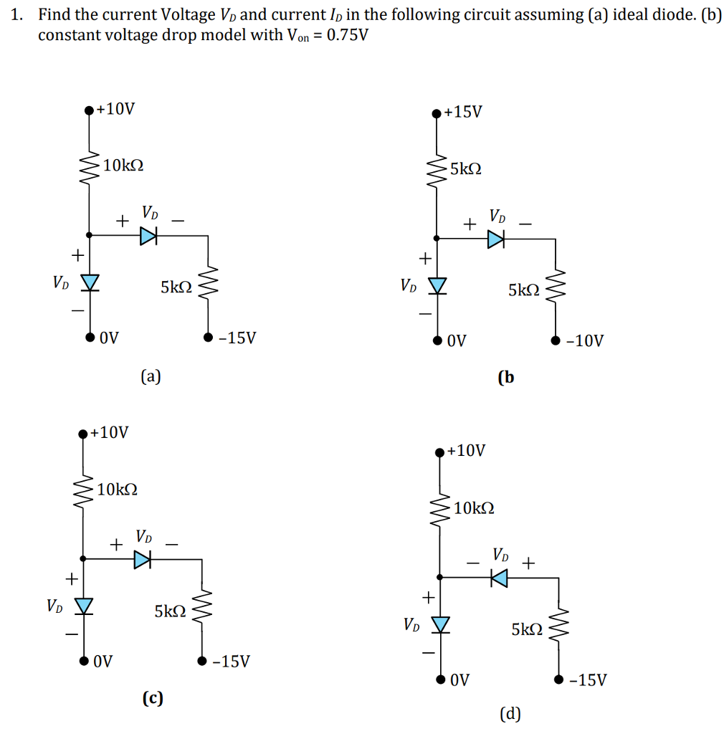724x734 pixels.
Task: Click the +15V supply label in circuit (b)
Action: [463, 112]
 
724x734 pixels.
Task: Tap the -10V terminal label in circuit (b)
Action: [585, 340]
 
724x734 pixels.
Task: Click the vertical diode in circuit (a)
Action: [90, 282]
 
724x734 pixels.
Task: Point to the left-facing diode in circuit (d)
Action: [499, 577]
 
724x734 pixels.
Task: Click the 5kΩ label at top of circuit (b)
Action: [466, 169]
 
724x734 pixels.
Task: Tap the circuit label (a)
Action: [151, 375]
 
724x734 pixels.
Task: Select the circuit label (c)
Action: [153, 697]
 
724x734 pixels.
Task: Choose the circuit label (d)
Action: [510, 713]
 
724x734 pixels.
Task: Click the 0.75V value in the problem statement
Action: [347, 34]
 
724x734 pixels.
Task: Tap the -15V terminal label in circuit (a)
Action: [237, 337]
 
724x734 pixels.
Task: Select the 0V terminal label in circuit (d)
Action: [460, 680]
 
